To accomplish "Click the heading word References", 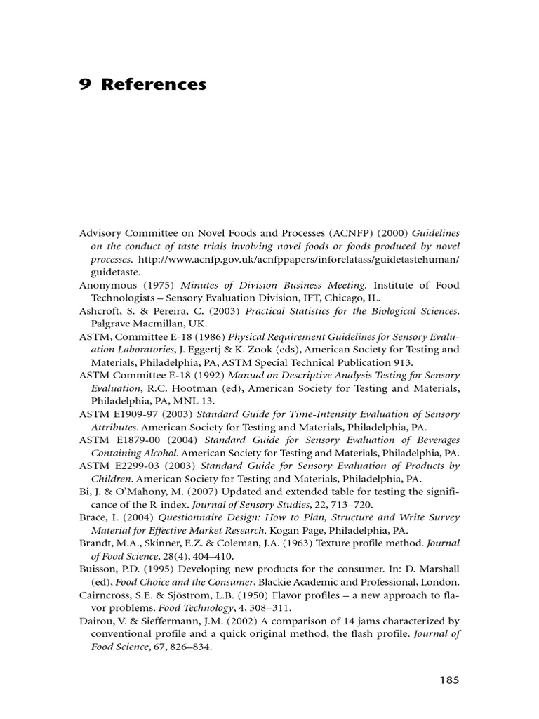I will tap(154, 85).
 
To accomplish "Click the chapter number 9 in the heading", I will tap(84, 85).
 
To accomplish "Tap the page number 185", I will tap(449, 680).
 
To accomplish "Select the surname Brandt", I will tap(96, 543).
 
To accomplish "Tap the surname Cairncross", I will tap(105, 595).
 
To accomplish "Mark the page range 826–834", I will tap(189, 647).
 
